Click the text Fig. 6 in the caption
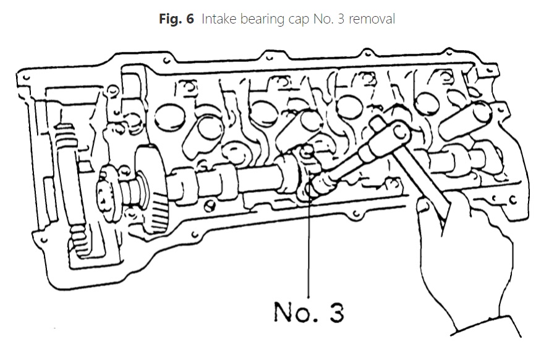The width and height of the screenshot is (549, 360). (176, 19)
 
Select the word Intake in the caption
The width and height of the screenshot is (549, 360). (218, 19)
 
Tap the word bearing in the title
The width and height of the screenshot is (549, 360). (263, 20)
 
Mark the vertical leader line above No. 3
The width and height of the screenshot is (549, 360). (307, 247)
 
